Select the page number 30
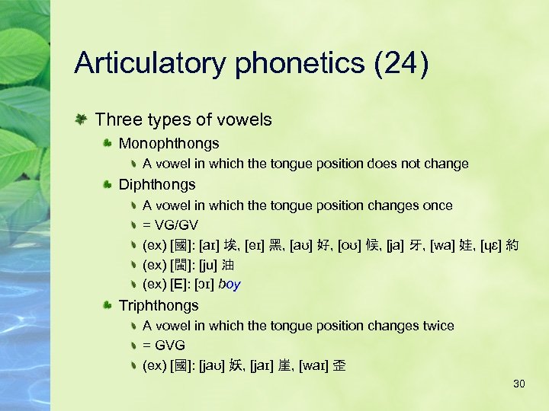[519, 384]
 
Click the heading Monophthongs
[169, 143]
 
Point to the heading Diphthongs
[157, 184]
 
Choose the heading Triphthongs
[159, 305]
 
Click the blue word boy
[229, 285]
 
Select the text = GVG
[164, 346]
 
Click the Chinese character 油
[227, 266]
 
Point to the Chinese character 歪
[339, 365]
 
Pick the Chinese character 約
[512, 245]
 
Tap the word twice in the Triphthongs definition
[438, 326]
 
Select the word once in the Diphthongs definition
[438, 205]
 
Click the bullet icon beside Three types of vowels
[81, 119]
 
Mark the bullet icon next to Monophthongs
[108, 143]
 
